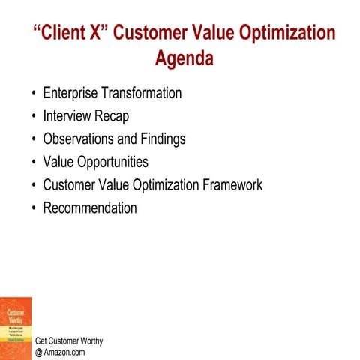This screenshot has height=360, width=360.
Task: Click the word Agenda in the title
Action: coord(184,58)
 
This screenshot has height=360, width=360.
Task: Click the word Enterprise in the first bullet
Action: coord(73,94)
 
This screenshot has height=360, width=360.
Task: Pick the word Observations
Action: coord(82,139)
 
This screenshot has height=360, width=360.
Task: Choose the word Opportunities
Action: coord(113,162)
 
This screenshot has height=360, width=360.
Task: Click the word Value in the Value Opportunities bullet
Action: coord(59,162)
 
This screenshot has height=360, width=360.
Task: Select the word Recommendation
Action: coord(90,208)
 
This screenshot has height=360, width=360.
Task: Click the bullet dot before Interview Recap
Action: coord(34,117)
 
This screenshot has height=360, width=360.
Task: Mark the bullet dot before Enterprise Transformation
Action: coord(34,94)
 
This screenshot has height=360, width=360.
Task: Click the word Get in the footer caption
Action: coord(42,340)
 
